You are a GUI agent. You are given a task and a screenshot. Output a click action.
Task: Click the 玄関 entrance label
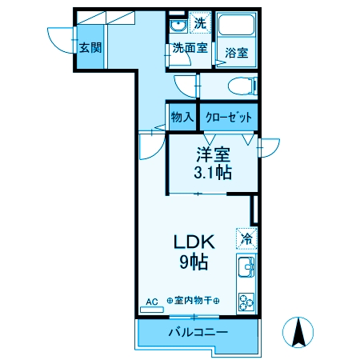90,47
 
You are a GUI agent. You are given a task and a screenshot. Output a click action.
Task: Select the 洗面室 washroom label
190,48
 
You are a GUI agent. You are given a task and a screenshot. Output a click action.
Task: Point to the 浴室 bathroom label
235,53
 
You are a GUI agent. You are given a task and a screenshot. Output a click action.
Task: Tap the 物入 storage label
182,117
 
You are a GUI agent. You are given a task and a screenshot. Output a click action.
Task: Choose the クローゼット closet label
229,117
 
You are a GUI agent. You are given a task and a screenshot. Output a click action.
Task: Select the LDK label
190,240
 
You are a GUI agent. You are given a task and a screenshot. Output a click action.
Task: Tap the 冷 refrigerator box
247,238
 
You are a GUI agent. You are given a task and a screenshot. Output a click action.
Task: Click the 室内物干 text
193,301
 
